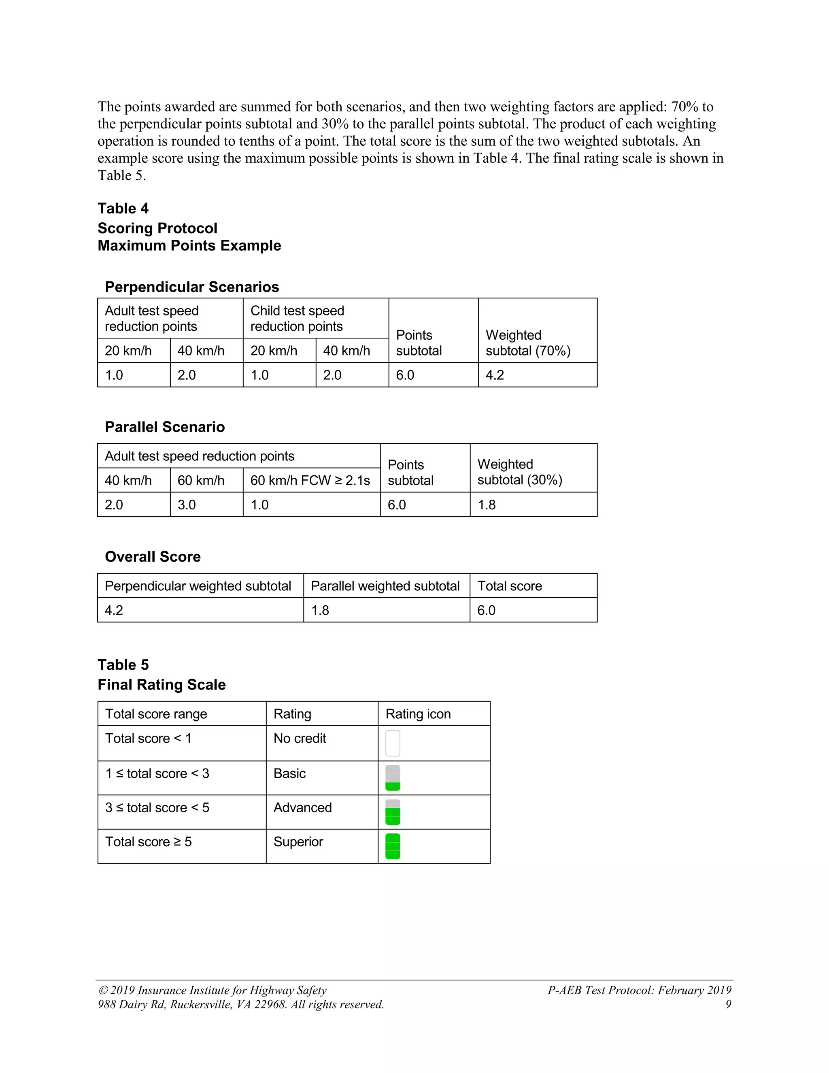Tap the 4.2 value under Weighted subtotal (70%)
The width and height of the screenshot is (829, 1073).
coord(495,375)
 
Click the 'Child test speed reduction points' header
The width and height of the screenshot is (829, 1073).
coord(297,318)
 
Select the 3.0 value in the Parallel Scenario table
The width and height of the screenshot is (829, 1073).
coord(187,505)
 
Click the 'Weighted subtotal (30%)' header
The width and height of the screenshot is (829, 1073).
coord(520,472)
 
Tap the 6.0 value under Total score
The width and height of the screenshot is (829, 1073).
coord(486,610)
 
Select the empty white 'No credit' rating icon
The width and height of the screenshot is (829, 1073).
coord(393,743)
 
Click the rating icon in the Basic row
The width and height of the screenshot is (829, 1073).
coord(393,778)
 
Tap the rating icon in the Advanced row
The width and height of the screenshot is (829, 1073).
coord(393,812)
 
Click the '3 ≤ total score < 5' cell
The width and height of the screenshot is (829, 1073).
coord(157,808)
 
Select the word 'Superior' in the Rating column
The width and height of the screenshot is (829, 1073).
coord(298,842)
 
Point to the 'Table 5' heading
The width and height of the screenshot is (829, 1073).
coord(123,665)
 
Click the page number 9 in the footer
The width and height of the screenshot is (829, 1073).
coord(728,1004)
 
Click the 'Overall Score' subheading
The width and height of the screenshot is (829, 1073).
coord(153,557)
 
